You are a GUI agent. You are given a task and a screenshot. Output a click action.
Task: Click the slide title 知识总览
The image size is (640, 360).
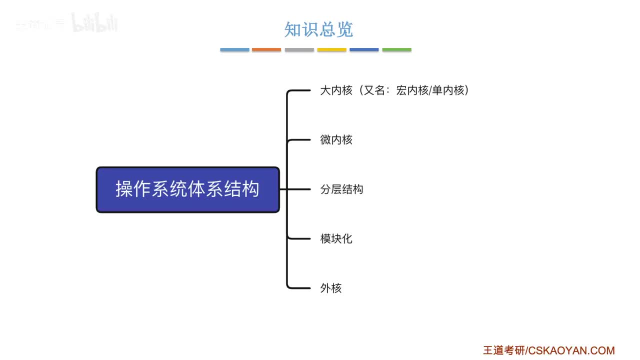point(318,29)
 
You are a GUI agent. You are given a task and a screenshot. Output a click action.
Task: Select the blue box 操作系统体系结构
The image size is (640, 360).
point(187,189)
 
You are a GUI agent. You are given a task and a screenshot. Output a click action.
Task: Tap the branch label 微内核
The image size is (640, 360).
point(336,140)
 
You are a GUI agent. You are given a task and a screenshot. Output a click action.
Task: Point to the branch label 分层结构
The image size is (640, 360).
point(341,189)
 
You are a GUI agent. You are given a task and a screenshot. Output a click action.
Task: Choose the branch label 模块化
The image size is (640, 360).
point(336,238)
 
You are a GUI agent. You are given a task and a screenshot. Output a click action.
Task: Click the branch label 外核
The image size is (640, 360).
point(330,288)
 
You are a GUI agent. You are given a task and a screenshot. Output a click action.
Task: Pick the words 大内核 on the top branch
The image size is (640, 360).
point(336,90)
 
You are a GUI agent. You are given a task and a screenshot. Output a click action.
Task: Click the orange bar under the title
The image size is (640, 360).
point(266,50)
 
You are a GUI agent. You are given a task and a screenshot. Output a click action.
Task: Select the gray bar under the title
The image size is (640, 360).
point(299,50)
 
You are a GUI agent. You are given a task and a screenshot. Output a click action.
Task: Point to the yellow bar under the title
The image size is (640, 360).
point(331,50)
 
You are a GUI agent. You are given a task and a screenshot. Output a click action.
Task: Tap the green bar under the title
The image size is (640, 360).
point(396,50)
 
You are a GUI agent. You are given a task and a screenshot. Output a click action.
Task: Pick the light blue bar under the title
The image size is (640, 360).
point(234,50)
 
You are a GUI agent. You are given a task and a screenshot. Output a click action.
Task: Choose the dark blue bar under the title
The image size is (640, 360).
point(364,50)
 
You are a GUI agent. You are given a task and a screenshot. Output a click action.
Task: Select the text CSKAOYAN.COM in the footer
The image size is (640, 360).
point(571,350)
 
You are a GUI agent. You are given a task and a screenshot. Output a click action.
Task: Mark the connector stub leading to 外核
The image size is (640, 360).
point(301,288)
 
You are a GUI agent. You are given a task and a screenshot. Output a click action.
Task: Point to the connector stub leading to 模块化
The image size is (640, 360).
point(301,238)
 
